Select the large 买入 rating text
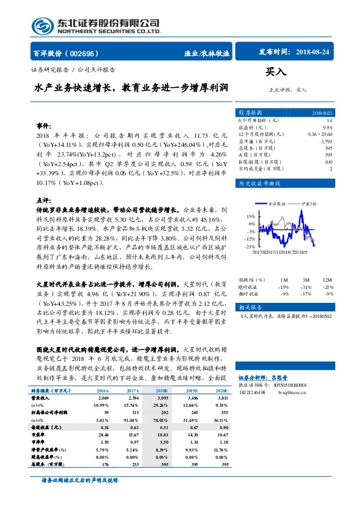pyautogui.click(x=276, y=72)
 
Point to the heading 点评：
pyautogui.click(x=43, y=199)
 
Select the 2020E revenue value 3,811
pyautogui.click(x=221, y=382)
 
